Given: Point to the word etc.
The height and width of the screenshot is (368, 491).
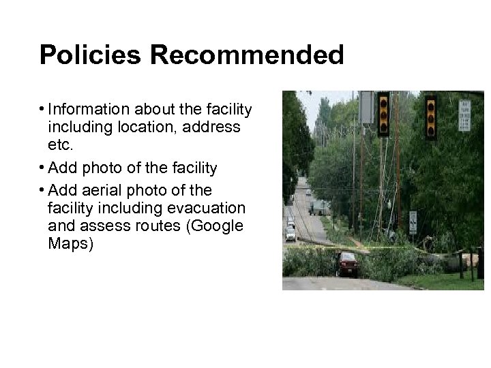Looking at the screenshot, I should (x=61, y=144).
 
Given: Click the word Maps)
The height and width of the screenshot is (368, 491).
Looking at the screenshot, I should (x=70, y=243).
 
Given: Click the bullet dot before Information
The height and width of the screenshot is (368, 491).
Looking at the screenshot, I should (x=42, y=109).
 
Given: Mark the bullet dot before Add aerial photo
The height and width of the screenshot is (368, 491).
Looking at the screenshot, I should (x=42, y=189).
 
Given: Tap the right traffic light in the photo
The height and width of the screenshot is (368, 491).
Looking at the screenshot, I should (x=430, y=117).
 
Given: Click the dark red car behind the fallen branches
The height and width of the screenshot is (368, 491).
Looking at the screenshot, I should (x=346, y=264).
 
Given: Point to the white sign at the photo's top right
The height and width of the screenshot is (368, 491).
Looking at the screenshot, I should (x=464, y=115).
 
